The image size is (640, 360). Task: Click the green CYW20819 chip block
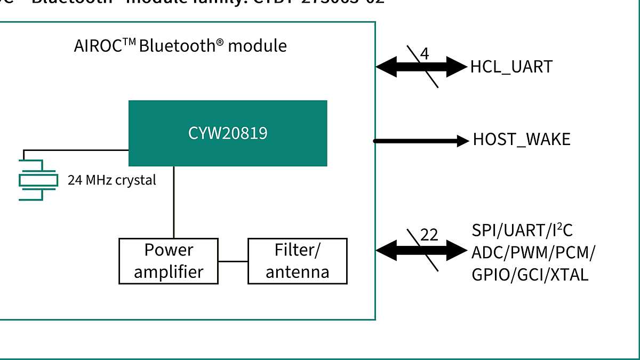[228, 133]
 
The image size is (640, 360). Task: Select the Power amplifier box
[169, 261]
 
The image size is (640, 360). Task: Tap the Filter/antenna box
[297, 261]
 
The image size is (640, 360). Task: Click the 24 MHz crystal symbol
[38, 180]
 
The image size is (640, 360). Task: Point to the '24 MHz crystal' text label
[112, 180]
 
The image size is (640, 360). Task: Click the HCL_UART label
[511, 67]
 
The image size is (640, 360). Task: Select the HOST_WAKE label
[521, 140]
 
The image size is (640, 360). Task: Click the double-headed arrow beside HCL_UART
[421, 67]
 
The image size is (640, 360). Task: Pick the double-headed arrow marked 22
[421, 249]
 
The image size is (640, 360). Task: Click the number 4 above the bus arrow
[425, 54]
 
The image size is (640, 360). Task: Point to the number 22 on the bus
[429, 235]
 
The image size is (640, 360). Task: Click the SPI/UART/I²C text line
[522, 230]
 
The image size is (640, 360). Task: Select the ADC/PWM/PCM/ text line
[534, 252]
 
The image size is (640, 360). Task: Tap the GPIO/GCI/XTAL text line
[530, 275]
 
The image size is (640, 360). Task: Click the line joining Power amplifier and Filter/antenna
[233, 261]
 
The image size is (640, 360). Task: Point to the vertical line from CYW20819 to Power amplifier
[173, 203]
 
